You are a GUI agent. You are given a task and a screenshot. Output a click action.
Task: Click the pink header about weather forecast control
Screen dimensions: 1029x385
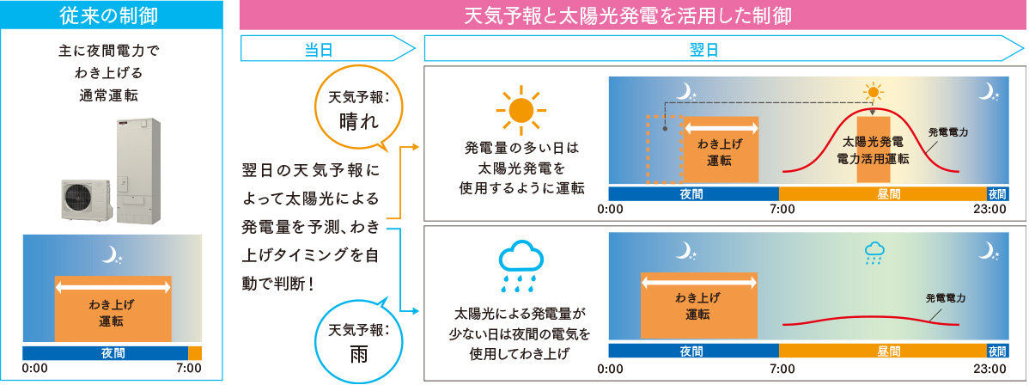pyautogui.click(x=634, y=15)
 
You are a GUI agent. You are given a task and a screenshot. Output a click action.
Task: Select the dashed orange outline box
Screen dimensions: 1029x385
pyautogui.click(x=665, y=150)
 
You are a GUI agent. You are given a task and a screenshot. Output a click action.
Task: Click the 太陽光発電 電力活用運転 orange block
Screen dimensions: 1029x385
pyautogui.click(x=874, y=150)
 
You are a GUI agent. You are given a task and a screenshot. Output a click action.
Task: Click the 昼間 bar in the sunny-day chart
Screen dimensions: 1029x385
pyautogui.click(x=883, y=193)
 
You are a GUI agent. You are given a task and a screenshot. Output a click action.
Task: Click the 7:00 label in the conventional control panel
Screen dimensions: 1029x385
pyautogui.click(x=189, y=368)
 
